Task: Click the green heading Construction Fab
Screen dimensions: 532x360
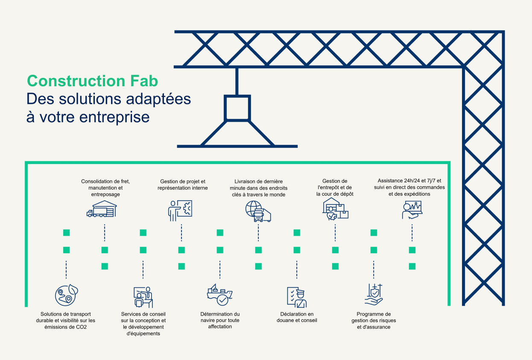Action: [x=92, y=81]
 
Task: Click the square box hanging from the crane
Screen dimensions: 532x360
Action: [x=237, y=108]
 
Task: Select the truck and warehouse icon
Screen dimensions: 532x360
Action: [x=102, y=209]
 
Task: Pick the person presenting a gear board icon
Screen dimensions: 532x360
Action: [x=180, y=211]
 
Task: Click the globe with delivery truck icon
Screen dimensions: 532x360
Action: [x=258, y=211]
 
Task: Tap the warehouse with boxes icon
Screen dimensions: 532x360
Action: [x=335, y=209]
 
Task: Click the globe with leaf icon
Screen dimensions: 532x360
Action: [x=67, y=295]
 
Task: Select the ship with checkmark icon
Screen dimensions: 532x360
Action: [x=220, y=295]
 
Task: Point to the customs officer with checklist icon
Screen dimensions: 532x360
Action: [x=297, y=297]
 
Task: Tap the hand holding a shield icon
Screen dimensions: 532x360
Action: [x=374, y=295]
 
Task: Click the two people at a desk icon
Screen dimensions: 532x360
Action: [x=143, y=297]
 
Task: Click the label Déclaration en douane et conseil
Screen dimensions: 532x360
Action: [x=297, y=317]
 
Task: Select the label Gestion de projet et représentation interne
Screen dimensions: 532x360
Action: [x=183, y=185]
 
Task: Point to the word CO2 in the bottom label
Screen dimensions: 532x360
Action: [x=82, y=327]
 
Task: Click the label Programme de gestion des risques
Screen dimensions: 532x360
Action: [x=374, y=317]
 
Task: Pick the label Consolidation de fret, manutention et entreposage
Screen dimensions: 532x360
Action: [x=105, y=188]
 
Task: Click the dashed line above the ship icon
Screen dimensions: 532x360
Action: [x=220, y=269]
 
